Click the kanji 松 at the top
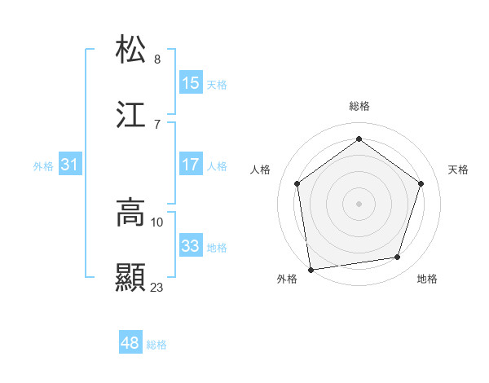point(131,49)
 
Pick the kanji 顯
point(131,278)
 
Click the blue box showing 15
point(191,83)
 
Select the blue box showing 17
point(191,165)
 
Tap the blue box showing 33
point(191,246)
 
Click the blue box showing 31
point(70,165)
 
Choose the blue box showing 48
point(130,344)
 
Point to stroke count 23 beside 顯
point(157,287)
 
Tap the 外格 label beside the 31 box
point(43,165)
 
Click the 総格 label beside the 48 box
point(156,345)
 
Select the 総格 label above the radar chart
point(359,106)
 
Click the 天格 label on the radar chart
point(458,169)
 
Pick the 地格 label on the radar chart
point(427,279)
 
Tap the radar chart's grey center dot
point(359,203)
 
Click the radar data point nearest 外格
point(311,269)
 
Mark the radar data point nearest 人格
point(297,183)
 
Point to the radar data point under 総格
point(359,139)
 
